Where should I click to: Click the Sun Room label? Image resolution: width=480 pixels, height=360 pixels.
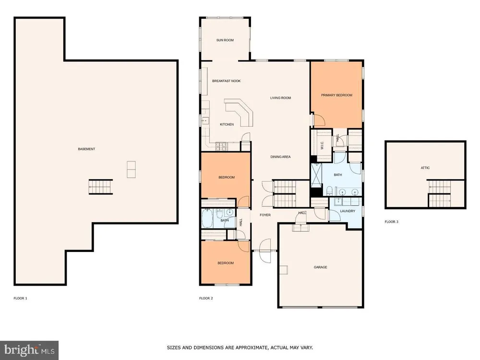pos(225,40)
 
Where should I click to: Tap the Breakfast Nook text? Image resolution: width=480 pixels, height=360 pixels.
pos(227,81)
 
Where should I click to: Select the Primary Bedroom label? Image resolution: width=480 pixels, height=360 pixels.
pos(337,95)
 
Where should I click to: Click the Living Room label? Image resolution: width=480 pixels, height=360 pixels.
pos(280,98)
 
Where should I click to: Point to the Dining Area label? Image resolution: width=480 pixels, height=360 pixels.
pos(280,157)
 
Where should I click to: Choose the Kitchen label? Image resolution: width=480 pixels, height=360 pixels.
pos(227,125)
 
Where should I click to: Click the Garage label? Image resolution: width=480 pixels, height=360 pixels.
pos(321,267)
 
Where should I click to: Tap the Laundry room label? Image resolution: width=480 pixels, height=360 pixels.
pos(348,211)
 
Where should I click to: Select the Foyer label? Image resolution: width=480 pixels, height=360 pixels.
pos(265,215)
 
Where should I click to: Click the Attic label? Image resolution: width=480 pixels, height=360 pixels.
pos(425,168)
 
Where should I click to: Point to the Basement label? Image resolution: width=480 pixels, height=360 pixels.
pos(86,149)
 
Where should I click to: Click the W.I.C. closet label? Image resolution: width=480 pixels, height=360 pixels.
pos(322,145)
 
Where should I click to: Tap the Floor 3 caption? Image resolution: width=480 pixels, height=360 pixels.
pos(392,222)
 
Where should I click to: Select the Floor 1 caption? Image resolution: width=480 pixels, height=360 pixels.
pos(21,298)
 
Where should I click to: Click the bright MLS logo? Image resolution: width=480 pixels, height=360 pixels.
pos(29,350)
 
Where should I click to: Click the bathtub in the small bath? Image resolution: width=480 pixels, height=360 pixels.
pos(207,218)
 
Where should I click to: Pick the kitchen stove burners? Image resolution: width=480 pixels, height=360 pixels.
pos(221,146)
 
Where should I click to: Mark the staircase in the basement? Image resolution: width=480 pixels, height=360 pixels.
pos(100,187)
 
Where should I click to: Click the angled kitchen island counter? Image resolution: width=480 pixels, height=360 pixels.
pos(240,111)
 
